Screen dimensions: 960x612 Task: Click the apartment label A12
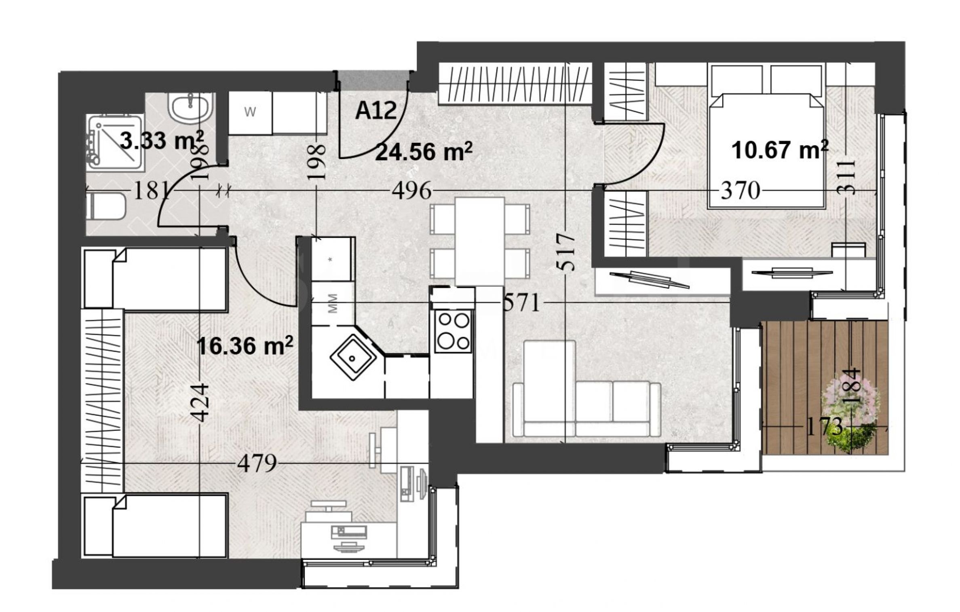pos(376,110)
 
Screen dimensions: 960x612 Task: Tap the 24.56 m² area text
pos(424,152)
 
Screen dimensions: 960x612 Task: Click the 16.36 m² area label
pos(245,346)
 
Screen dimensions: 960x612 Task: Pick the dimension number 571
pos(521,303)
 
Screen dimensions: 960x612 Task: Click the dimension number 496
pos(412,191)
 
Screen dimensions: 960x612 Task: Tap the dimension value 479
pos(257,464)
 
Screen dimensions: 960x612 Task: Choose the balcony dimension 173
pos(825,426)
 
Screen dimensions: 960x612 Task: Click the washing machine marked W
pos(250,113)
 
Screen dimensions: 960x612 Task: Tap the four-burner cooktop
pos(453,331)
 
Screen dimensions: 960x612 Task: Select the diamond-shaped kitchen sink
pos(353,358)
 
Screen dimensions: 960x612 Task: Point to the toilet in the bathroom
pos(106,206)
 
